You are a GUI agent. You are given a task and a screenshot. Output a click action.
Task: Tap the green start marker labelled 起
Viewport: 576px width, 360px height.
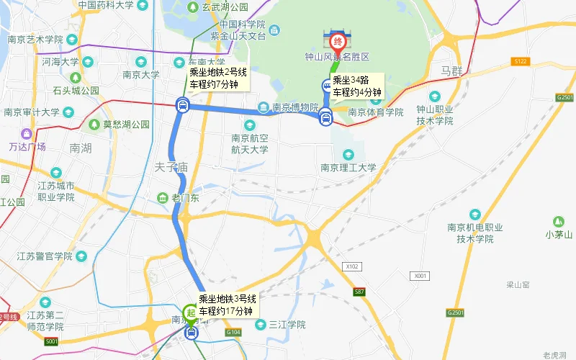(191, 312)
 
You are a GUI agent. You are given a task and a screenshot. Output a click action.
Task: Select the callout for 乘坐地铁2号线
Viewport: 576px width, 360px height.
(218, 78)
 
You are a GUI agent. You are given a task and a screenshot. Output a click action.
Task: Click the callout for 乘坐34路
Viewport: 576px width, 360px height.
(356, 86)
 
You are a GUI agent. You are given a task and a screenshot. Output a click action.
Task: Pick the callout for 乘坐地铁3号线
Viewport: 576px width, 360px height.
(228, 305)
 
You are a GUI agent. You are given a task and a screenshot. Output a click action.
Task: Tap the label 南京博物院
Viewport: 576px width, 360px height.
(295, 108)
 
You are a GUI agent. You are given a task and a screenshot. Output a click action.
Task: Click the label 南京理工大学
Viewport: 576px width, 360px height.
(348, 168)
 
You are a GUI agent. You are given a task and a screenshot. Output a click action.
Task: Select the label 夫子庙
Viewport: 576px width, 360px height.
(171, 167)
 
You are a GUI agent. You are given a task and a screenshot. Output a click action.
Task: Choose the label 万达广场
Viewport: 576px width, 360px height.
(27, 146)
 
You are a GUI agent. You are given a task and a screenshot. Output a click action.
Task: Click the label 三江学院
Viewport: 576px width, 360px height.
(287, 325)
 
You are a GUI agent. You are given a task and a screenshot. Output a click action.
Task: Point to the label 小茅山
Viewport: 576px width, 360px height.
(558, 234)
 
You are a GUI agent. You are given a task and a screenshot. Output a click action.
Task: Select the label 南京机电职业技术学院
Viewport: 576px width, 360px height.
(474, 233)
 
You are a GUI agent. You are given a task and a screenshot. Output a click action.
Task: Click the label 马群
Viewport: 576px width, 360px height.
(454, 72)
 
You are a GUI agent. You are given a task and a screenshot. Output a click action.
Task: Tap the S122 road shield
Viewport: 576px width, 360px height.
(521, 62)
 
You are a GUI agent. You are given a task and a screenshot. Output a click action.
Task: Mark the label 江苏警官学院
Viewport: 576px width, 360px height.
(44, 256)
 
